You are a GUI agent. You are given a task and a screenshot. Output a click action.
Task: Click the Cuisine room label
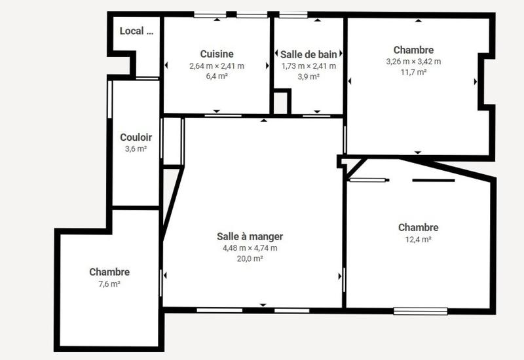[x=217, y=54]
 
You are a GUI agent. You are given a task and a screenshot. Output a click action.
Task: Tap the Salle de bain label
[x=309, y=54]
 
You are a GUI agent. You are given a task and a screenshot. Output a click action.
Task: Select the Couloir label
[x=136, y=137]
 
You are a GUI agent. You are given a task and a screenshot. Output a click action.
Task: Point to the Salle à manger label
[x=250, y=236]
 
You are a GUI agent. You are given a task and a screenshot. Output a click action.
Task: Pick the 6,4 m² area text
[x=217, y=76]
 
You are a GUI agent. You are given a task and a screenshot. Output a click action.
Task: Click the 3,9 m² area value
[x=309, y=77]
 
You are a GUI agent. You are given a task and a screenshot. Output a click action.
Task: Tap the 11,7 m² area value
[x=413, y=72]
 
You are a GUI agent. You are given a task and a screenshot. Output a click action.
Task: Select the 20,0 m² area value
[x=250, y=259]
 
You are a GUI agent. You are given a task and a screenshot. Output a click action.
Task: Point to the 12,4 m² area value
[x=418, y=239]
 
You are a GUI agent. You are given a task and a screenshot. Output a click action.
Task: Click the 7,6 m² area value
[x=109, y=283]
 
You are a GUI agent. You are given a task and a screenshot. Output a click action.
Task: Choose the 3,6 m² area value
[x=136, y=149]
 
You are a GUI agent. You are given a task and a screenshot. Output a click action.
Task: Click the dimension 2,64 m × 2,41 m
[x=217, y=65]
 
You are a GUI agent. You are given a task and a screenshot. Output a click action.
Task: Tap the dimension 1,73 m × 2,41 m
[x=309, y=65]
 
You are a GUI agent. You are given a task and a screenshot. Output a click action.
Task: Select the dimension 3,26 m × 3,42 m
[x=413, y=61]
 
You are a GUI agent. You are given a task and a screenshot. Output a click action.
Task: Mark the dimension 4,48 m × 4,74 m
[x=250, y=247]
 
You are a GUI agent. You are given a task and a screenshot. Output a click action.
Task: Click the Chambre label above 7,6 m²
[x=109, y=272]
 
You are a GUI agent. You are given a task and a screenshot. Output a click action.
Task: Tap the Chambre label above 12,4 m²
[x=418, y=227]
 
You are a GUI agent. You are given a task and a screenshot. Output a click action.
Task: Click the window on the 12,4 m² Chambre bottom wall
[x=420, y=310]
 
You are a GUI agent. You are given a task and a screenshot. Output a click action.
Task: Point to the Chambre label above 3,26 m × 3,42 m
[x=413, y=50]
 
